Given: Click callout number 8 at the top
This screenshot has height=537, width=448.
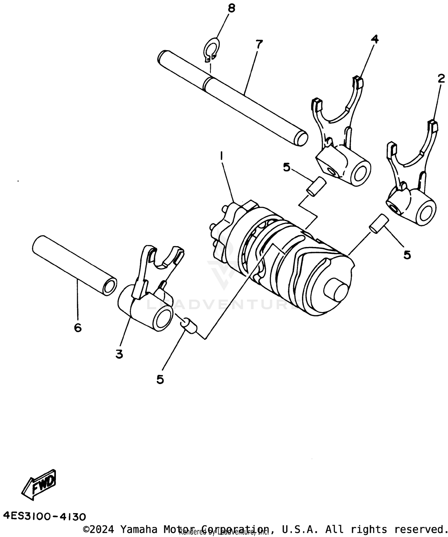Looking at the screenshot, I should click(231, 8).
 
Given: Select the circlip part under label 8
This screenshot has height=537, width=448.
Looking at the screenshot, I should click(212, 49).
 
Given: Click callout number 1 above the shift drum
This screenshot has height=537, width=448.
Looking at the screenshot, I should click(221, 156).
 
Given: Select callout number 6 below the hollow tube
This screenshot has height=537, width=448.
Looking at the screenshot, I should click(78, 328).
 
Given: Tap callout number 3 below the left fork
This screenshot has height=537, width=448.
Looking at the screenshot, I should click(119, 354).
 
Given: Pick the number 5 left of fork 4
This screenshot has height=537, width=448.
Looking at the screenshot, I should click(286, 167).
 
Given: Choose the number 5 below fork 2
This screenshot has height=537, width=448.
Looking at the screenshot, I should click(407, 255).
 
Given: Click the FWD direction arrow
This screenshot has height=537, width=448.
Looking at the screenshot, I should click(39, 485).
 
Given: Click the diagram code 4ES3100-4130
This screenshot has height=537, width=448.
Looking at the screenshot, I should click(45, 516).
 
